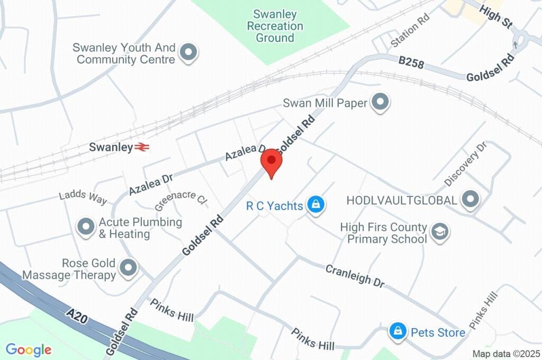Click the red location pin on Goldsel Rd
(x=272, y=161)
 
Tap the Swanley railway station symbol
(x=141, y=147)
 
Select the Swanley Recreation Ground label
(x=275, y=26)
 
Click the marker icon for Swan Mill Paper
(x=380, y=103)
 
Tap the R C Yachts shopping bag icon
(x=316, y=205)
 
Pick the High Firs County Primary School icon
(x=440, y=232)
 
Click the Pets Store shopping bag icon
(x=397, y=332)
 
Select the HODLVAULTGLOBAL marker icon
(x=469, y=200)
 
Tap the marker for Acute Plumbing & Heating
(x=86, y=228)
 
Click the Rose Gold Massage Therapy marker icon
(x=128, y=268)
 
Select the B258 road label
(x=411, y=64)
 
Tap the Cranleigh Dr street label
(x=355, y=276)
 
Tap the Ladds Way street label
(x=83, y=196)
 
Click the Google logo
(x=29, y=349)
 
